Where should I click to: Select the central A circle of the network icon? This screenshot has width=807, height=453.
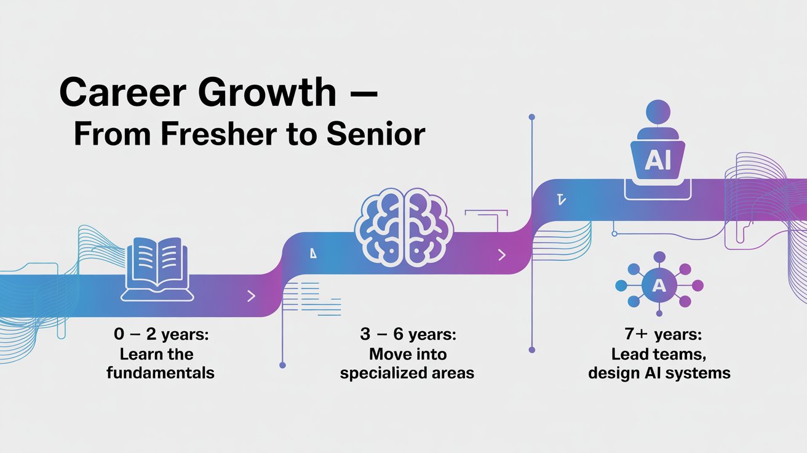pos(659,284)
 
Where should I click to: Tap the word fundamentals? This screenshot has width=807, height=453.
pos(160,373)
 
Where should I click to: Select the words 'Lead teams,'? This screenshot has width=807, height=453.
pos(659,355)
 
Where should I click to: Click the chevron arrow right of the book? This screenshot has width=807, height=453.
pos(250,296)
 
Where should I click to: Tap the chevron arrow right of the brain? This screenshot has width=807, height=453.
pos(502,254)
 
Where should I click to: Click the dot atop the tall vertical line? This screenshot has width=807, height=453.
pos(531,116)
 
